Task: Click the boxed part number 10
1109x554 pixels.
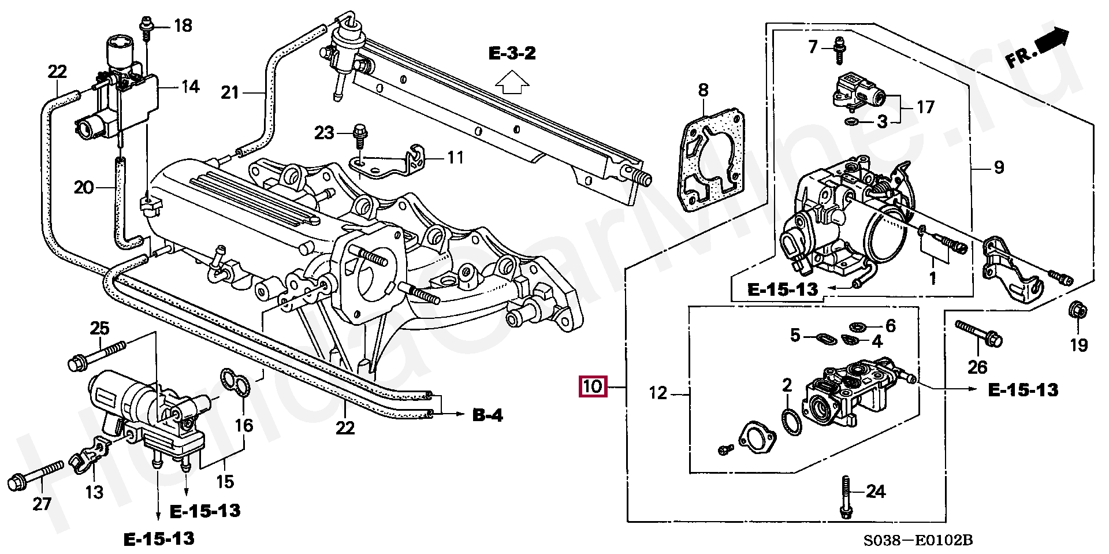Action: (x=593, y=386)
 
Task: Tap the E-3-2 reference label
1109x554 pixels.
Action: (x=512, y=54)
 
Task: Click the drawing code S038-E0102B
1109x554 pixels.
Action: (x=918, y=540)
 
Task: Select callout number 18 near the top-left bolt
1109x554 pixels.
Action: (x=183, y=26)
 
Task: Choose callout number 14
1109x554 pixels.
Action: (x=190, y=87)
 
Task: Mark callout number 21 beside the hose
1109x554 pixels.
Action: (x=230, y=92)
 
